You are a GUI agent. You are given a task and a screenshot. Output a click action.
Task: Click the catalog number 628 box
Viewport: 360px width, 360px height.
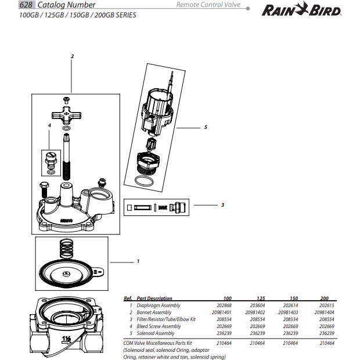coord(26,5)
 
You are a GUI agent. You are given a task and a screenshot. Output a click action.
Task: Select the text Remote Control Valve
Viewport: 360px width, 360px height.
coord(208,5)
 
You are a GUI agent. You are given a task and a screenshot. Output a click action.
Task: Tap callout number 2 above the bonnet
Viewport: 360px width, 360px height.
coord(72,56)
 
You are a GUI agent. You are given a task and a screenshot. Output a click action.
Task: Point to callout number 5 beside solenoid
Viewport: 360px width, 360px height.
coord(206,127)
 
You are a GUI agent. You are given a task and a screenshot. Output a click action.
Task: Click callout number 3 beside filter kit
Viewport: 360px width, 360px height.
coord(222,205)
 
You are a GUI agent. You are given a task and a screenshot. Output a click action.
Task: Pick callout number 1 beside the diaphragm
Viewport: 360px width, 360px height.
coord(138,261)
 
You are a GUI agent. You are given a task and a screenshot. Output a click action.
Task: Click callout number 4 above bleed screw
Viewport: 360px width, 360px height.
coord(49,125)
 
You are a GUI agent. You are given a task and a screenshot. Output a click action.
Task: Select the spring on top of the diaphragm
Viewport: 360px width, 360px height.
coord(69,250)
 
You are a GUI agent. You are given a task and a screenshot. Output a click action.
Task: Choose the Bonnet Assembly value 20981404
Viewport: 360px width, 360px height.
coord(325,312)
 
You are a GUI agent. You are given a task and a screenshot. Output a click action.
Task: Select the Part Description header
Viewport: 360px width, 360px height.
coord(154,298)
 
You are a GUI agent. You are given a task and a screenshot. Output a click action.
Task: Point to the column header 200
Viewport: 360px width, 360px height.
coord(325,298)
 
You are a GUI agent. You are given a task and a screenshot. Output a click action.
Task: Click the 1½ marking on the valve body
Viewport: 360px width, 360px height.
coord(67,339)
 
